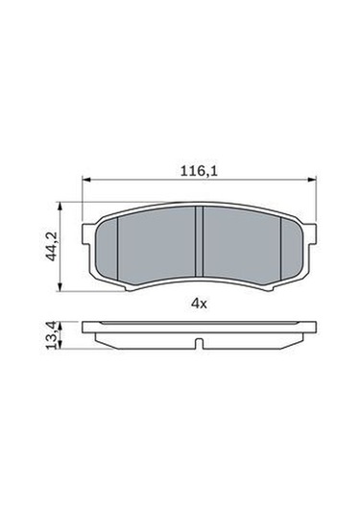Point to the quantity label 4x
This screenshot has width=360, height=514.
198,303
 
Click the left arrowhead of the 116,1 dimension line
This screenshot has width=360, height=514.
87,179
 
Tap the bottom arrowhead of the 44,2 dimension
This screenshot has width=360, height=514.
64,287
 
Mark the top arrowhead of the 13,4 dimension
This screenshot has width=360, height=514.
64,325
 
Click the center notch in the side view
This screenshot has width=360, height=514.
198,344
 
